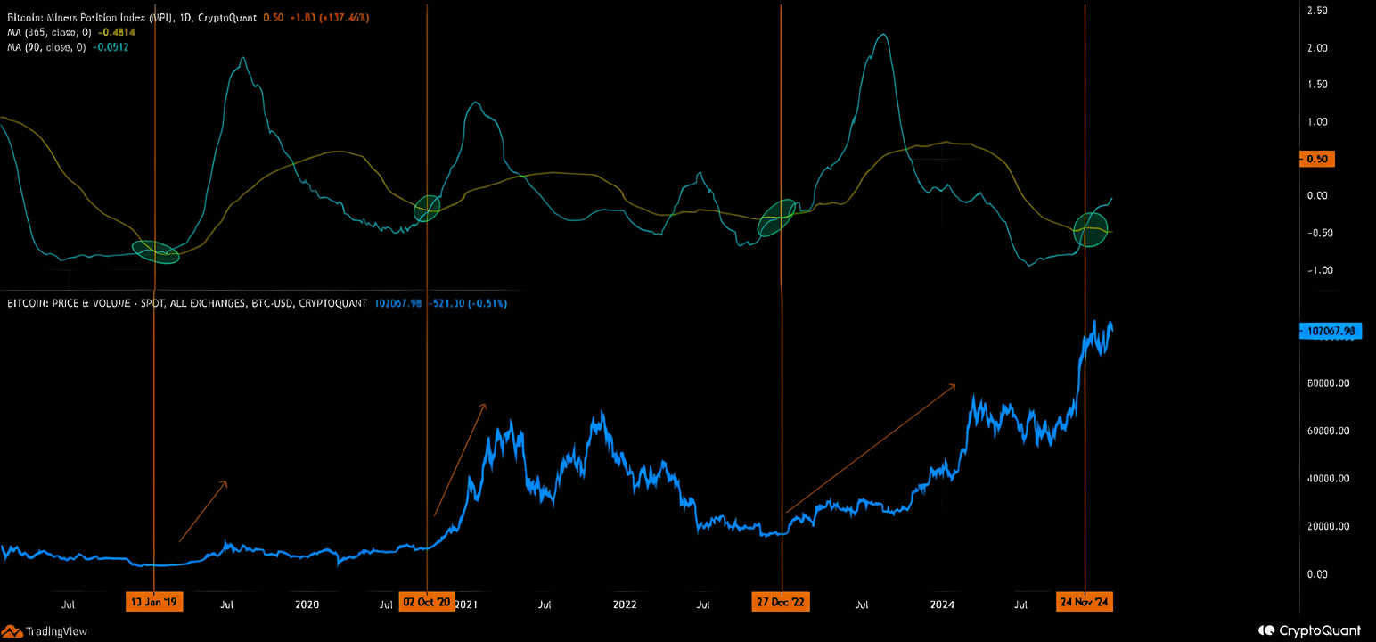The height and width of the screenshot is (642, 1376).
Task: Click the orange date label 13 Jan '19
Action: (155, 602)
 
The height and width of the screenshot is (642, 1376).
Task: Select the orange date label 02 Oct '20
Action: (427, 602)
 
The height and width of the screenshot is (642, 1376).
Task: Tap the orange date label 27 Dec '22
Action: (781, 602)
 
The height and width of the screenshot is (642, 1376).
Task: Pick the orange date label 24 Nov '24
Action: (1085, 602)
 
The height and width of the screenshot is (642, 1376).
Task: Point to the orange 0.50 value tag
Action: (1316, 159)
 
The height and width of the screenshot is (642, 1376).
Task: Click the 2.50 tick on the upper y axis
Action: (1316, 11)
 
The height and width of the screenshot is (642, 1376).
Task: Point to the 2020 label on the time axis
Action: (307, 605)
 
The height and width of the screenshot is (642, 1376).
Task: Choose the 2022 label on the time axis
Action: (625, 605)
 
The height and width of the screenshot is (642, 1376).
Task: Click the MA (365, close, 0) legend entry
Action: (68, 32)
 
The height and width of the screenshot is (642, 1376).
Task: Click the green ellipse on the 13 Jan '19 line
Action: (156, 252)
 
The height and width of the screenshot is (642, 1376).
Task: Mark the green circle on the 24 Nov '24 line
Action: (1091, 229)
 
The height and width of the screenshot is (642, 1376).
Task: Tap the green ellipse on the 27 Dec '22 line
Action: (775, 218)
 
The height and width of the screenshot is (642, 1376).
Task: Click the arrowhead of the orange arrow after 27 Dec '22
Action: (954, 385)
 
